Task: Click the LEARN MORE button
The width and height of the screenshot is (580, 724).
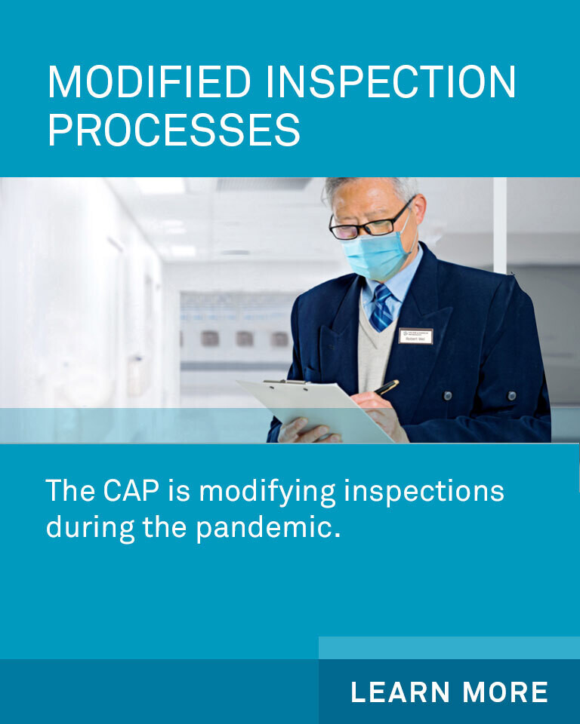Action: pos(449,692)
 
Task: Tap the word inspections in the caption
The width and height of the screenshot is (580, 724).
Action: pos(424,491)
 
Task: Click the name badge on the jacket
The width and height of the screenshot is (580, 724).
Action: pos(415,336)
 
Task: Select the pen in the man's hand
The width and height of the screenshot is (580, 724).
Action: pos(387,388)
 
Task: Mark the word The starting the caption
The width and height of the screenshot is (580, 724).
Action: pos(70,491)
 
